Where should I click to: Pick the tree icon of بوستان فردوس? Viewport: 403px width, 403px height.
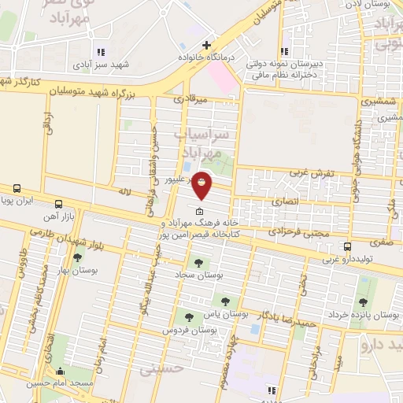187,317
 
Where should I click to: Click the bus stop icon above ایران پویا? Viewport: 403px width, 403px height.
17,189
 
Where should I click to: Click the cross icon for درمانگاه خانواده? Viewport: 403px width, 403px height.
207,46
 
